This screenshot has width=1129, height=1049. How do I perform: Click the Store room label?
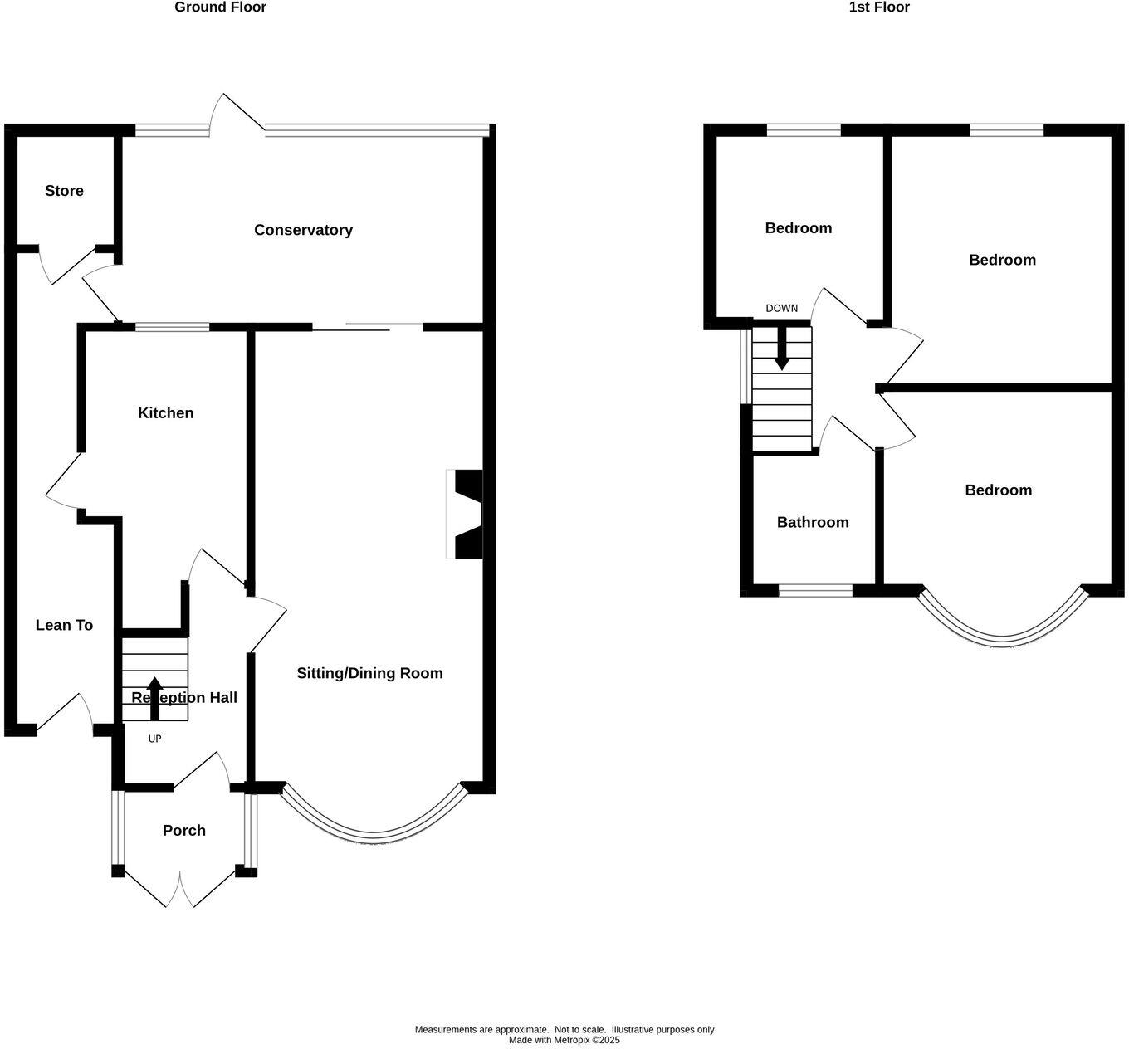pyautogui.click(x=64, y=191)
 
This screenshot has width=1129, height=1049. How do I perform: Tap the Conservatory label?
pyautogui.click(x=303, y=230)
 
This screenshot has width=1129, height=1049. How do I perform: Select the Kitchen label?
pyautogui.click(x=165, y=413)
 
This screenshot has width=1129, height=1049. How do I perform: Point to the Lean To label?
pyautogui.click(x=64, y=626)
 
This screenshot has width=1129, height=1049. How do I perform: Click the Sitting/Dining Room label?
pyautogui.click(x=369, y=673)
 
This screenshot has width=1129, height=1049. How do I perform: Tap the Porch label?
pyautogui.click(x=183, y=831)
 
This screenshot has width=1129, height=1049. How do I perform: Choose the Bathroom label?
pyautogui.click(x=812, y=522)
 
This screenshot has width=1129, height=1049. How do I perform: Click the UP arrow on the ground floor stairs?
pyautogui.click(x=154, y=696)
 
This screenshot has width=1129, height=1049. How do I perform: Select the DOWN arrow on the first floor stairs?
pyautogui.click(x=781, y=349)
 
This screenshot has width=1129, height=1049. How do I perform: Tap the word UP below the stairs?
pyautogui.click(x=154, y=739)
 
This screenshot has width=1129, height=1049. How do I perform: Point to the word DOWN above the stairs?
pyautogui.click(x=781, y=309)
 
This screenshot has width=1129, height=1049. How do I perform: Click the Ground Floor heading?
pyautogui.click(x=220, y=7)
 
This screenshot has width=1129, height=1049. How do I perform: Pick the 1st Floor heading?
pyautogui.click(x=879, y=7)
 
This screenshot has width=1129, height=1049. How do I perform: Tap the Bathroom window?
pyautogui.click(x=815, y=591)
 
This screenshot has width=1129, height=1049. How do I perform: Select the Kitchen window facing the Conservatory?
pyautogui.click(x=173, y=327)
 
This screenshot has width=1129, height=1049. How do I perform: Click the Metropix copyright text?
pyautogui.click(x=564, y=1040)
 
